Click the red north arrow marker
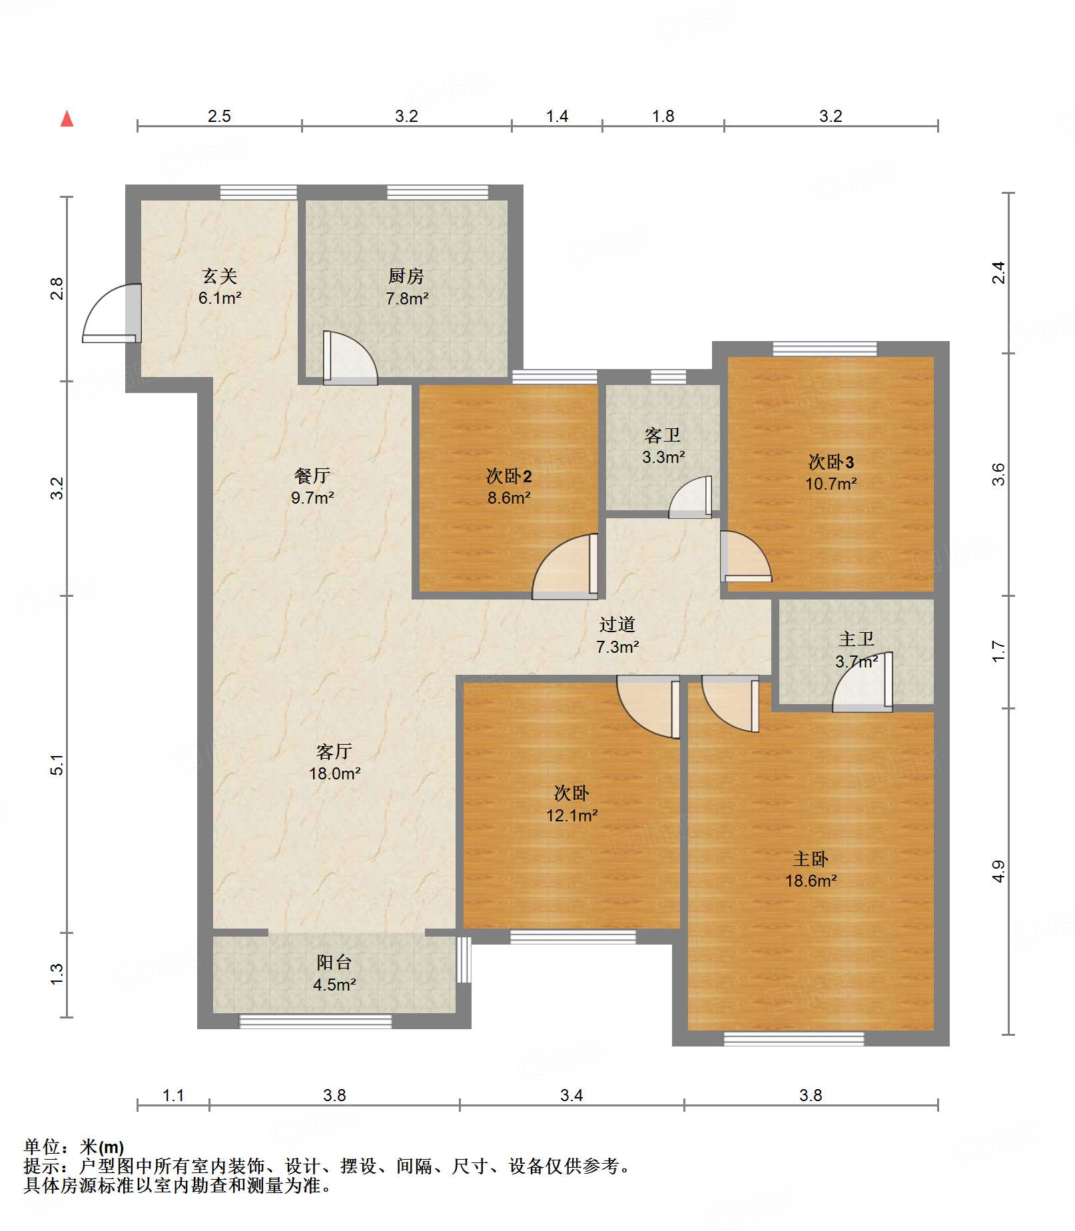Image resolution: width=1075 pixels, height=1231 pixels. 67,119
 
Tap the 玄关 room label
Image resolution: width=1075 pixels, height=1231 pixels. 220,276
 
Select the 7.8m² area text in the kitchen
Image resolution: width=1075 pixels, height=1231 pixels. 407,298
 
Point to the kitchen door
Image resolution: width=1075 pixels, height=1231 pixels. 350,358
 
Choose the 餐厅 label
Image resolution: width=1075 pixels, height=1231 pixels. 312,476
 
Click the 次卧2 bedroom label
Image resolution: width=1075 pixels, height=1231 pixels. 509,476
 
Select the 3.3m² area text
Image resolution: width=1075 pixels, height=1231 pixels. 663,457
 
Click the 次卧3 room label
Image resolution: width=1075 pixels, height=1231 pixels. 831,462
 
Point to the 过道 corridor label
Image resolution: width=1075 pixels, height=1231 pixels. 617,624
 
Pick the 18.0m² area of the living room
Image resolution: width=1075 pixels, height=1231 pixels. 334,773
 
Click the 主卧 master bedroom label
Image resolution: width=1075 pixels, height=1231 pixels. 811,859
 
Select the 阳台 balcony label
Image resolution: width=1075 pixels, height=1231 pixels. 334,962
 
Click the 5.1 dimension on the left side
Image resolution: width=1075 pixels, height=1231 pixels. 57,765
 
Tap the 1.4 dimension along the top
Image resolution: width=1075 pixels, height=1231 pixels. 557,117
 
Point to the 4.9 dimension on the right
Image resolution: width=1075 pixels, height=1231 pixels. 998,871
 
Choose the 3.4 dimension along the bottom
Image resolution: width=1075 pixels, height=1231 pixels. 571,1095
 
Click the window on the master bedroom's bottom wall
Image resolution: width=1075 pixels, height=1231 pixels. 794,1038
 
